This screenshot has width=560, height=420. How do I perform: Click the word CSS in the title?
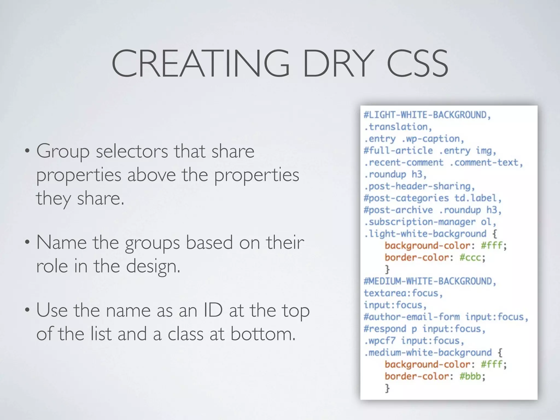tap(418, 63)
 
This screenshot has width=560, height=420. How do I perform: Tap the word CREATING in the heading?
tap(200, 63)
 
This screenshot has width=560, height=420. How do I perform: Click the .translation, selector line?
tap(398, 127)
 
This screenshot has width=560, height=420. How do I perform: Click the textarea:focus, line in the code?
tap(403, 293)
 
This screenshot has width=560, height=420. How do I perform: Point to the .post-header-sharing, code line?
tap(419, 186)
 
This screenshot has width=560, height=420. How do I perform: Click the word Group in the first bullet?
tap(63, 151)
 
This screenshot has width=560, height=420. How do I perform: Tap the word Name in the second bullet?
tap(62, 243)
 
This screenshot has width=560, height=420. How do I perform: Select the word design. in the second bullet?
tap(153, 266)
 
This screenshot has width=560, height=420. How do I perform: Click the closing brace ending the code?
tap(387, 388)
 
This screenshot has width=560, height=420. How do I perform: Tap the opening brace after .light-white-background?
tap(495, 234)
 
